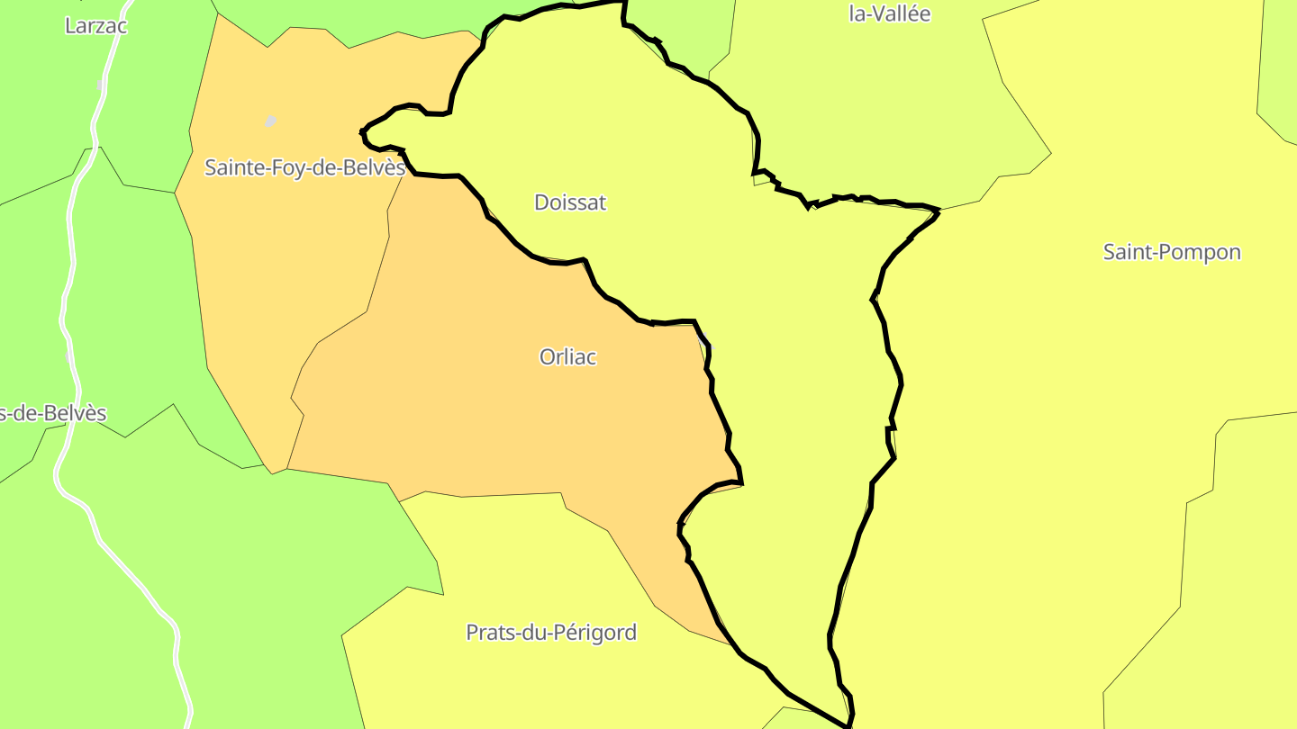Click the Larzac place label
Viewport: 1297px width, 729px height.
tap(95, 25)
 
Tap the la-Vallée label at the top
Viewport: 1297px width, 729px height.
tap(889, 13)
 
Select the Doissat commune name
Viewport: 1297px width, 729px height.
tap(570, 202)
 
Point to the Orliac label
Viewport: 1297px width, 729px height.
tap(567, 357)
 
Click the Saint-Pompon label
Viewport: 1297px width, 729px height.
tap(1172, 252)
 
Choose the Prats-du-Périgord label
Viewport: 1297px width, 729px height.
tap(550, 633)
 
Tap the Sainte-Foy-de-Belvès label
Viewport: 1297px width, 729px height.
tap(304, 167)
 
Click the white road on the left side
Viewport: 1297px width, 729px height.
tap(68, 297)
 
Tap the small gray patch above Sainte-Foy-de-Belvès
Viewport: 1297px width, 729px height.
tap(270, 121)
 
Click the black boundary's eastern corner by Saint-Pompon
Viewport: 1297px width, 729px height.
tap(938, 211)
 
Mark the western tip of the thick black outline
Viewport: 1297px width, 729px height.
tap(363, 132)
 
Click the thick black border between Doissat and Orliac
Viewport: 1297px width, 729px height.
tap(540, 259)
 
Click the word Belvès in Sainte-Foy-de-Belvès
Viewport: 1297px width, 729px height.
tap(372, 167)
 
